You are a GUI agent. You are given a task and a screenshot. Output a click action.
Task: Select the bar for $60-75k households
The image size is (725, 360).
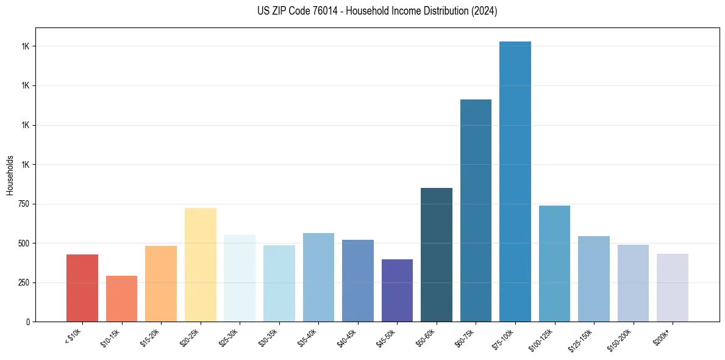click(476, 211)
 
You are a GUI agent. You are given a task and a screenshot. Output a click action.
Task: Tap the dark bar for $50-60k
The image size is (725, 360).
click(437, 255)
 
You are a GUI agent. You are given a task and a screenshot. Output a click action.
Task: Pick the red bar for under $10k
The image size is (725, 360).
click(82, 288)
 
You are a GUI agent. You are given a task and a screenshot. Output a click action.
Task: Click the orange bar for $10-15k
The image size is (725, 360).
click(121, 299)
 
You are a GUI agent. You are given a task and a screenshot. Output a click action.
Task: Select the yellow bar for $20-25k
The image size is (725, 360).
click(201, 265)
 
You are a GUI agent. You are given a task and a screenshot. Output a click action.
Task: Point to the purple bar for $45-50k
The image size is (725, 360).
click(397, 290)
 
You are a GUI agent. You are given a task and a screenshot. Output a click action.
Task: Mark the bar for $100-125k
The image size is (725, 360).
click(554, 264)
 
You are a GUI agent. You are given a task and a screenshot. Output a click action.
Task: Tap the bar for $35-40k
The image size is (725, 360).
click(318, 278)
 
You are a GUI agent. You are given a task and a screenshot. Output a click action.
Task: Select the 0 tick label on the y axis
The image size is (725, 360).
click(28, 322)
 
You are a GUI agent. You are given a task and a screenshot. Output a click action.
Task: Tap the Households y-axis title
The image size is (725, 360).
click(10, 175)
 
